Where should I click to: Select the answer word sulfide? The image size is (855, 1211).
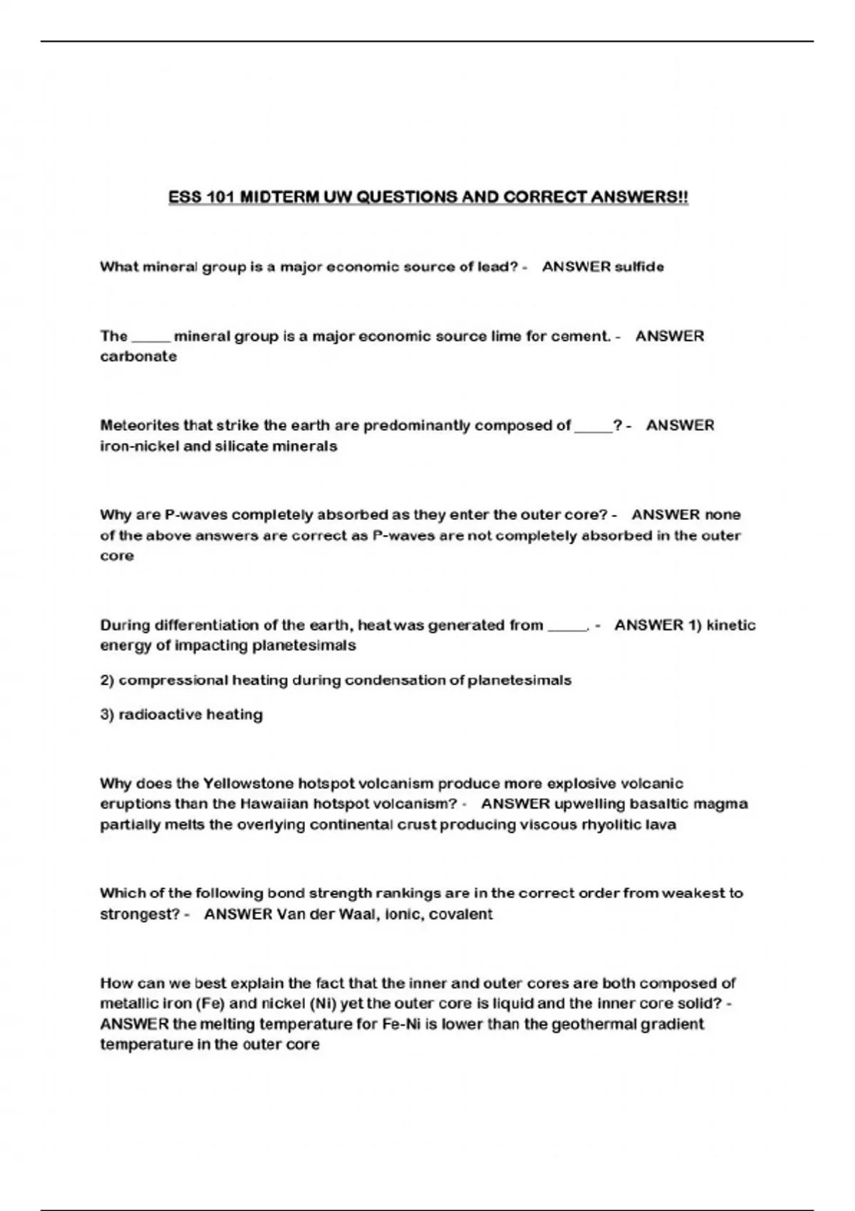[x=639, y=267]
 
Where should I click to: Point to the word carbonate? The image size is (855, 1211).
[x=138, y=357]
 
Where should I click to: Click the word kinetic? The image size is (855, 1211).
[x=731, y=625]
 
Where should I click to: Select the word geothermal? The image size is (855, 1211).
[x=585, y=1024]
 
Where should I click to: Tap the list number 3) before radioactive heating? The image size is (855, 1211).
[x=107, y=714]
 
